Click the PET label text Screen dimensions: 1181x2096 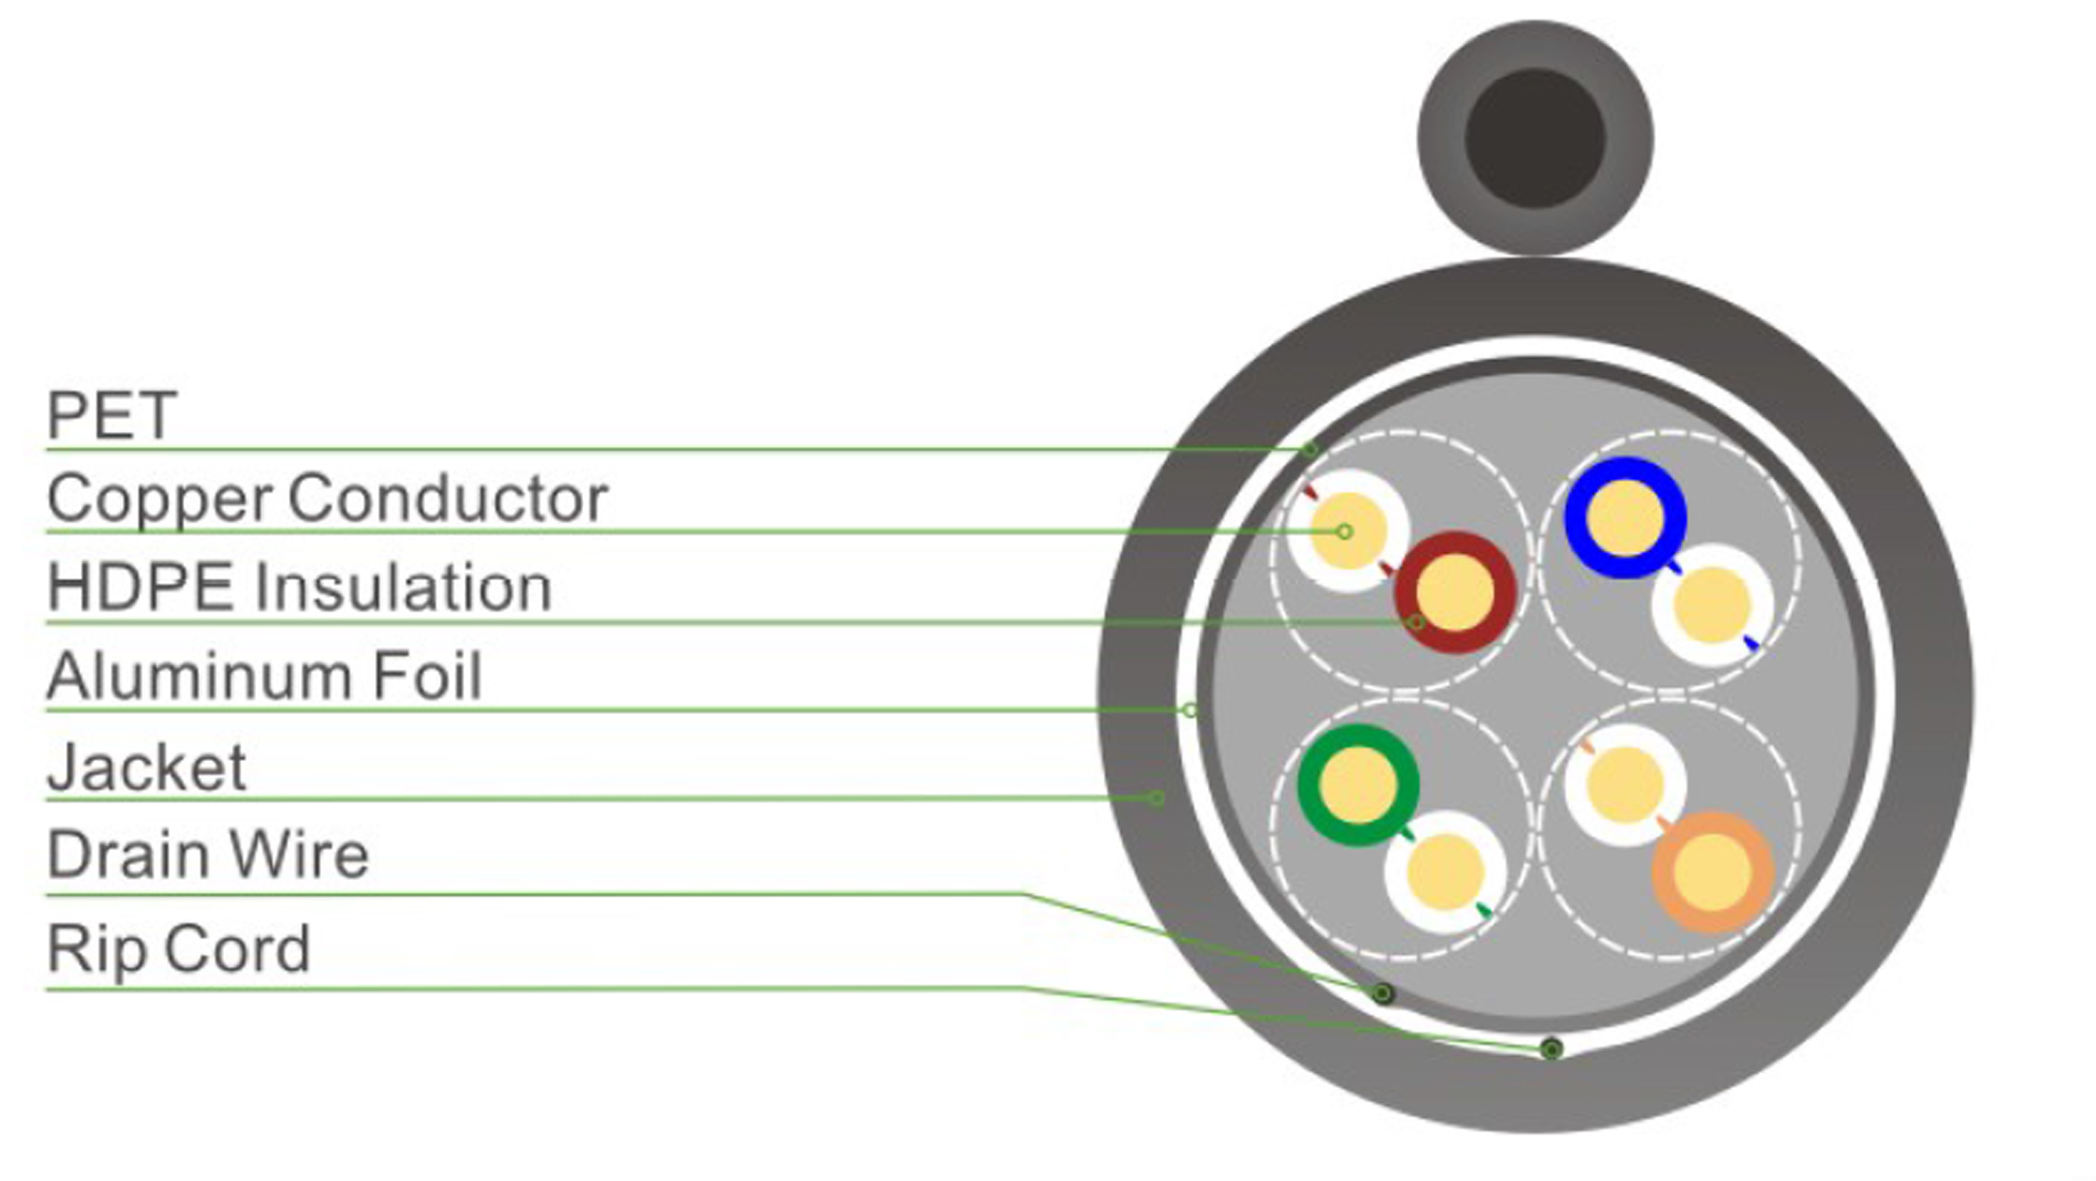[112, 416]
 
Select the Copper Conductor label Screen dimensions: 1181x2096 [327, 498]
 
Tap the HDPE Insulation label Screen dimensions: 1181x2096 [299, 587]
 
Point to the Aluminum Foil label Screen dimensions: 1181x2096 [264, 676]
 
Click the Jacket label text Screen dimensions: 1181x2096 [146, 767]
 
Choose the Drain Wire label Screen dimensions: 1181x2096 [208, 855]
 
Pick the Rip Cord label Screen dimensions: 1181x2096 [178, 949]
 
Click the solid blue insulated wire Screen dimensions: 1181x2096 [1624, 517]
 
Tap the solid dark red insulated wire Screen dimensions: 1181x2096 [1455, 592]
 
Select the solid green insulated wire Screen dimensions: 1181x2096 [1357, 785]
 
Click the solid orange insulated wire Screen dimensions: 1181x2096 [1712, 872]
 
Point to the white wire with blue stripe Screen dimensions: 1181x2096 [1711, 606]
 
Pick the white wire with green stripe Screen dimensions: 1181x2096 [1445, 872]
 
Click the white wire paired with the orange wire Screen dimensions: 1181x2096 [1624, 785]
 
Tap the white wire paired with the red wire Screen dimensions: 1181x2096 [1348, 531]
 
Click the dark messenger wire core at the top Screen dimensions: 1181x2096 [1535, 139]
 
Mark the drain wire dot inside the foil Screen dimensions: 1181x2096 [1383, 993]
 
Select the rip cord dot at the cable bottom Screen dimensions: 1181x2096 [1551, 1049]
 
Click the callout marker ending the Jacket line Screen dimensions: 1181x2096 [1156, 797]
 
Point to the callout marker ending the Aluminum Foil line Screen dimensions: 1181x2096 [1190, 710]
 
